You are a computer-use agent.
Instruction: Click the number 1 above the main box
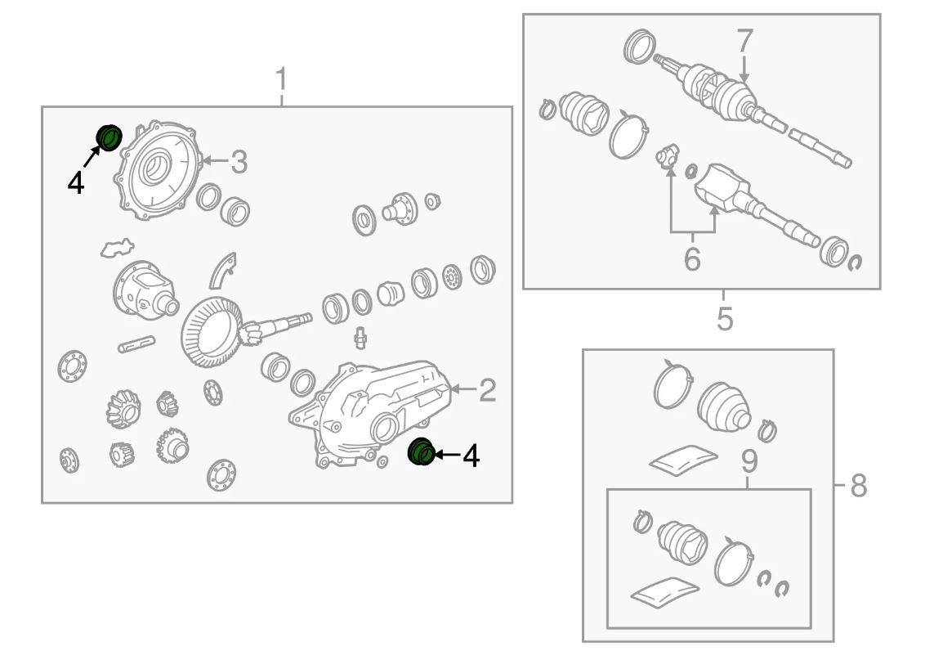tap(281, 82)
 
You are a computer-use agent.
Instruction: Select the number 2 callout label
tap(487, 390)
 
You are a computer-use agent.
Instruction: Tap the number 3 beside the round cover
tap(238, 162)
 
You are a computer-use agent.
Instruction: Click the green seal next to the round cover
tap(109, 137)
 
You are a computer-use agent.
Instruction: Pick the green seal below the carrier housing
tap(421, 451)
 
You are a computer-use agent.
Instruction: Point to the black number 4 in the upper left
tap(75, 182)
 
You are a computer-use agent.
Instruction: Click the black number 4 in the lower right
tap(471, 456)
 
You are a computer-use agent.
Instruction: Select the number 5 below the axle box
tap(724, 319)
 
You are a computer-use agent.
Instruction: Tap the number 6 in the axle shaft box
tap(692, 259)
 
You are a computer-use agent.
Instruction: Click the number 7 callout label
tap(744, 41)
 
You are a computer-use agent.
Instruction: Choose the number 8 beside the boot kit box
tap(857, 486)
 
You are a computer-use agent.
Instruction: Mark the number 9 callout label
tap(748, 462)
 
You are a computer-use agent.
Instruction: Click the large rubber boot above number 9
tap(725, 405)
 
